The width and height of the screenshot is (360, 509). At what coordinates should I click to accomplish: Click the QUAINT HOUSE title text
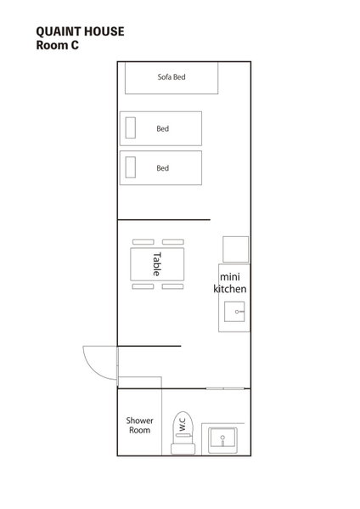(80, 31)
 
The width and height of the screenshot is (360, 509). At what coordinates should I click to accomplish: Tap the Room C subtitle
(58, 45)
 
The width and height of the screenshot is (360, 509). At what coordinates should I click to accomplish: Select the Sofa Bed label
(172, 77)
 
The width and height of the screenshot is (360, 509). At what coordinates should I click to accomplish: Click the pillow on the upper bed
(131, 128)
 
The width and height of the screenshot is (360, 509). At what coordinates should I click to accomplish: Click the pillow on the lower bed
(131, 167)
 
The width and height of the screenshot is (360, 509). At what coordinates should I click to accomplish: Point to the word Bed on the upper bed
(162, 128)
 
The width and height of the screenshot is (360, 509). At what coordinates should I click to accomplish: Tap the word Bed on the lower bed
(162, 168)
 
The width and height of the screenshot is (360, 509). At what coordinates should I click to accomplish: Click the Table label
(156, 264)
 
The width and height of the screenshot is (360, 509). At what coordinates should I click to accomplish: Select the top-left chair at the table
(143, 242)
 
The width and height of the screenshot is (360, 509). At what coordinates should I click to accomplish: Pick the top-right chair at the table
(173, 242)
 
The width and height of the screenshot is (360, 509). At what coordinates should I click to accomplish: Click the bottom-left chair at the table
(143, 286)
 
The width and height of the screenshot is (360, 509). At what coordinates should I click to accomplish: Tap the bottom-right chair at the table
(172, 286)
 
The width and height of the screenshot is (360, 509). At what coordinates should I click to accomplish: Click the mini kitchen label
(230, 283)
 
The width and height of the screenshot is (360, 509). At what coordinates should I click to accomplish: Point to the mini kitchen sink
(234, 312)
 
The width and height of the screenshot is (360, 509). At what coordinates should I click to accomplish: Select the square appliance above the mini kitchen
(236, 249)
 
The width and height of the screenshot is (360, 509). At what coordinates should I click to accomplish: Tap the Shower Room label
(139, 425)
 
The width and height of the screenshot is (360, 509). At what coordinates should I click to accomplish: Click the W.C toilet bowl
(183, 424)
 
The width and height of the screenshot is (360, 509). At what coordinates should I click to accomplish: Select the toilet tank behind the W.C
(183, 449)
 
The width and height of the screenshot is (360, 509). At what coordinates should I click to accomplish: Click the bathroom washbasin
(222, 440)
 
